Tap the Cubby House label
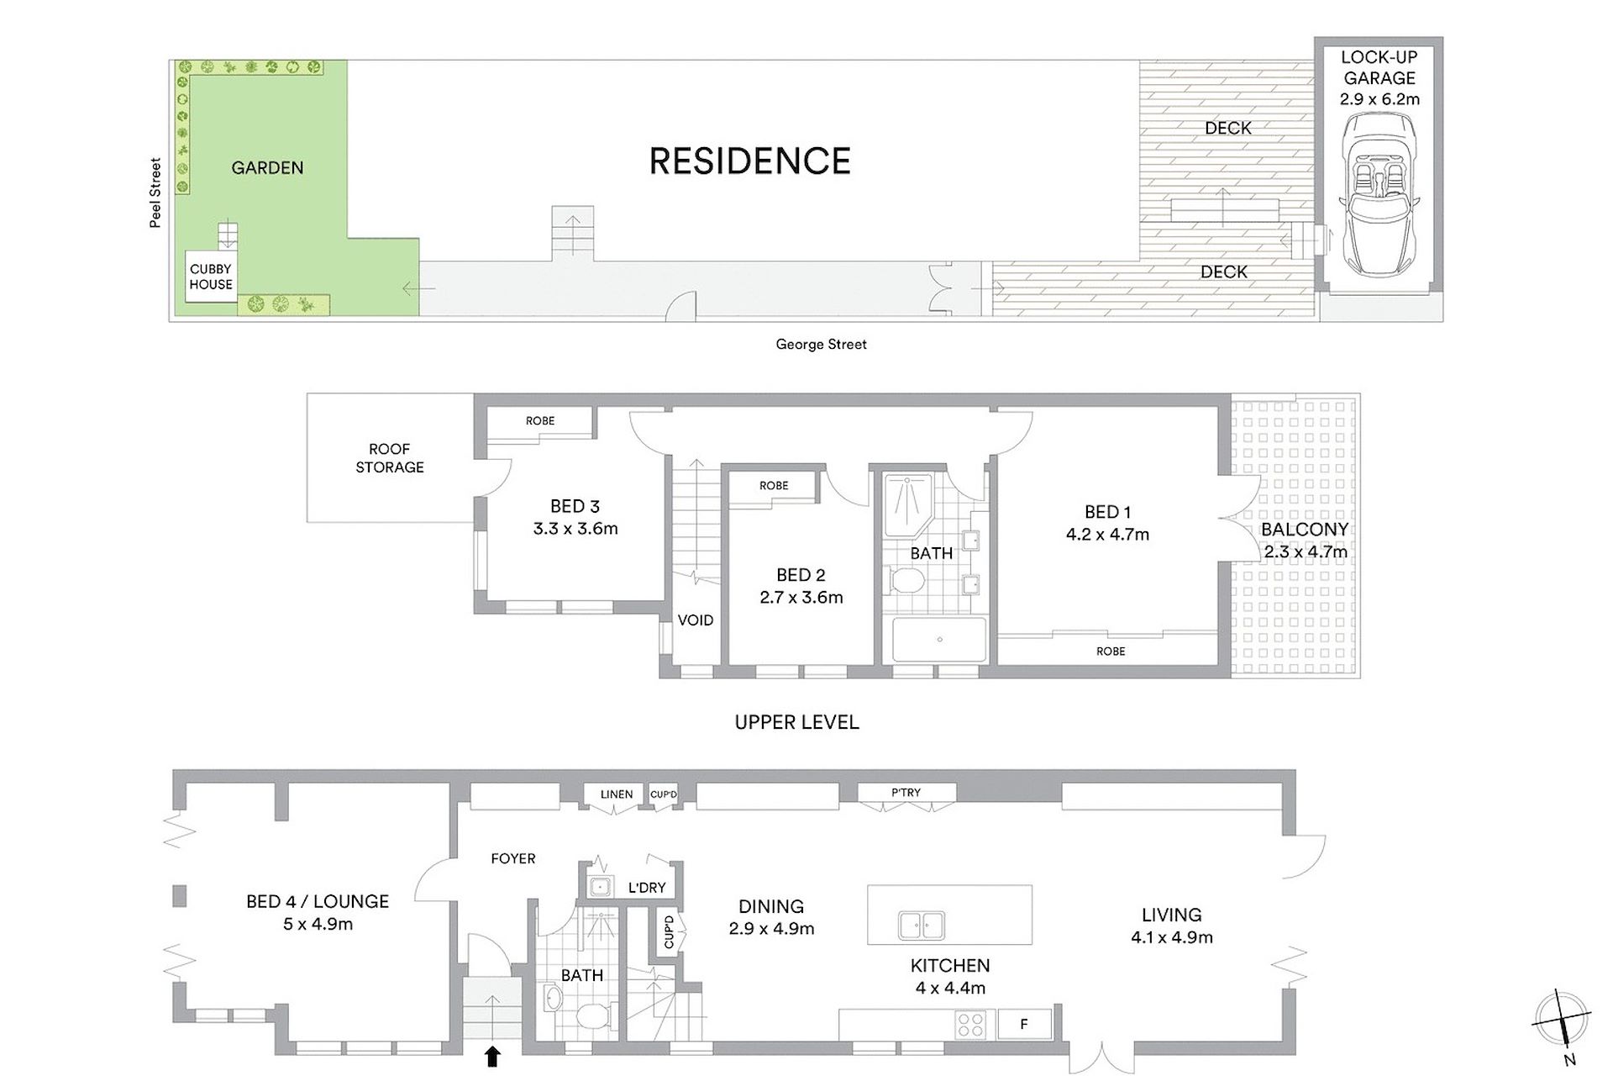(x=211, y=277)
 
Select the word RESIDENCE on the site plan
(x=750, y=161)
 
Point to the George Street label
(x=821, y=344)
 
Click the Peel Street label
(x=155, y=193)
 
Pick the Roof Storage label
(x=390, y=458)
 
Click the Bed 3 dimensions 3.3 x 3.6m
(x=575, y=529)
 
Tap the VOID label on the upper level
(x=696, y=620)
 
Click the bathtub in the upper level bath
(x=939, y=639)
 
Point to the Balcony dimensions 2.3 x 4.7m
(x=1306, y=551)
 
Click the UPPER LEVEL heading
(x=796, y=722)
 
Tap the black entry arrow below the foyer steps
(x=492, y=1055)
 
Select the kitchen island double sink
(x=921, y=925)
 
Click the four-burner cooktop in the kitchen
(x=971, y=1025)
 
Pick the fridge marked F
(x=1024, y=1025)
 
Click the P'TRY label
(x=906, y=792)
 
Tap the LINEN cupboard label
(x=617, y=794)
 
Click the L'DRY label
(x=647, y=888)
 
